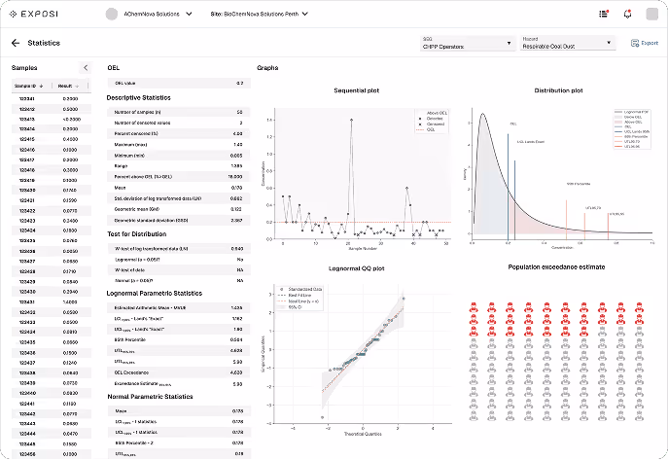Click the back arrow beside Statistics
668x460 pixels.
tap(15, 43)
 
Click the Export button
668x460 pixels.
tap(644, 44)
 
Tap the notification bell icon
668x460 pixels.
tap(627, 14)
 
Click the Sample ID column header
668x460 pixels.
tap(26, 86)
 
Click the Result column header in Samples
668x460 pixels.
tap(68, 86)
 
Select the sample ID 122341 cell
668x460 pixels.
tap(27, 99)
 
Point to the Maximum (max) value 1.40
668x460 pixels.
tap(237, 144)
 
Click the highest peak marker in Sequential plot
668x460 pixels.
tap(350, 120)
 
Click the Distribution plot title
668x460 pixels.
tap(558, 89)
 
